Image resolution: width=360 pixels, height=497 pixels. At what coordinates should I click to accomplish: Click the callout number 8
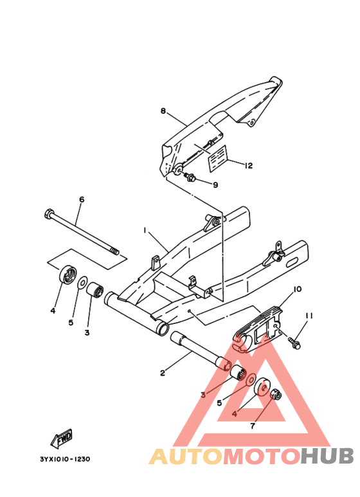163,111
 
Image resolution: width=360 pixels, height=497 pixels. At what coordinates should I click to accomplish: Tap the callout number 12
249,165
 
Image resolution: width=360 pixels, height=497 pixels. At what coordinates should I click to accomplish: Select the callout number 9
215,185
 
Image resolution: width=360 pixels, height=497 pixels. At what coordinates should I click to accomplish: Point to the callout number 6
82,199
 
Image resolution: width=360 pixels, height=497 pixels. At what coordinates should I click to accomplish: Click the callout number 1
145,230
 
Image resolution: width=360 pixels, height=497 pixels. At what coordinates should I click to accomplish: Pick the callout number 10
297,289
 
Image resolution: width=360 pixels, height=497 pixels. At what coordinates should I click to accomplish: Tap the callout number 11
309,316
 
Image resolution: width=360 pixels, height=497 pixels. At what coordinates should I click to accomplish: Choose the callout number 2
163,373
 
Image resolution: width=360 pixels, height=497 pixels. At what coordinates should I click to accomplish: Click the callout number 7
252,426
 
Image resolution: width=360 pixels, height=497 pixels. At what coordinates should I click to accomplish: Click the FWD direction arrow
62,438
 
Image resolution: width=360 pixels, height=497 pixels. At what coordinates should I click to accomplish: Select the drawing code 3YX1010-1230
65,459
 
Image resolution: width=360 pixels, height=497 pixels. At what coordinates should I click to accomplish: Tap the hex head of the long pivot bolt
48,214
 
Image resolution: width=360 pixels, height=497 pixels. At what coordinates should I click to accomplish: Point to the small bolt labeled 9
190,177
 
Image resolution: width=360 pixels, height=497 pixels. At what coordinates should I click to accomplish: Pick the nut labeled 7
276,393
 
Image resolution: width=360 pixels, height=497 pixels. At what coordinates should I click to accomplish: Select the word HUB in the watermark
327,456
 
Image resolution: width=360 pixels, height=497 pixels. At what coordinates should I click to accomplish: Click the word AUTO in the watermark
186,456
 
